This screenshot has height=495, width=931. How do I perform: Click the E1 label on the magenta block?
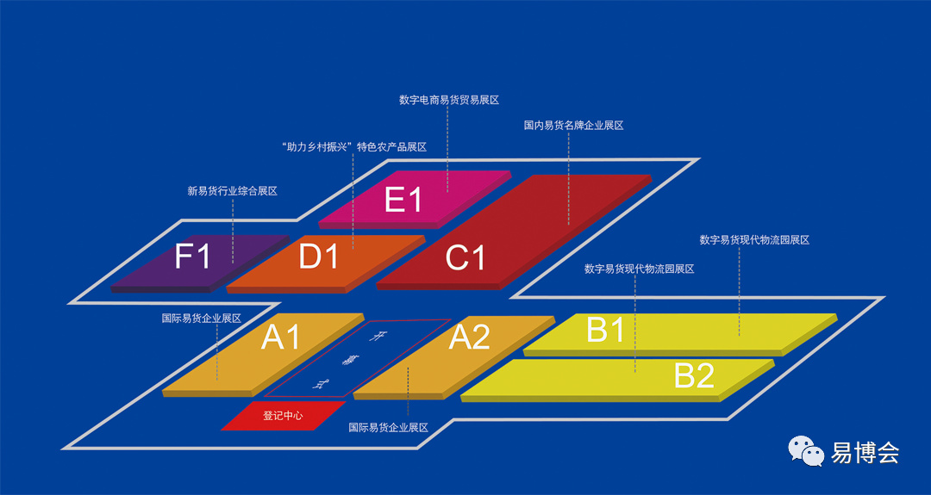tap(403, 201)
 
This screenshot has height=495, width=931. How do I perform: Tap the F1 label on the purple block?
tap(192, 256)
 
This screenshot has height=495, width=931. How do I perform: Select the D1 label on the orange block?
tap(318, 257)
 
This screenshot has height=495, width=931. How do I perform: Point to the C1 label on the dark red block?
tap(465, 257)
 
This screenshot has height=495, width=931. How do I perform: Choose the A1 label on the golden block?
tap(281, 337)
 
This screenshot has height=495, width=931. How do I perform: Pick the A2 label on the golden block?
tap(470, 337)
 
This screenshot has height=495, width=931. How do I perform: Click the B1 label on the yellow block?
tap(605, 330)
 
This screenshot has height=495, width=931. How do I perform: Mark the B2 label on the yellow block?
tap(694, 375)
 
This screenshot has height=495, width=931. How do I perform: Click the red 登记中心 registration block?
tap(284, 416)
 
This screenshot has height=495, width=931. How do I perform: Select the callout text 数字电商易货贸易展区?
tap(449, 100)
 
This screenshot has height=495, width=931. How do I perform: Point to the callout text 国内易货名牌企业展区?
tap(573, 126)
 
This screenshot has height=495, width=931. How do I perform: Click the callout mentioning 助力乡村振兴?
tap(354, 147)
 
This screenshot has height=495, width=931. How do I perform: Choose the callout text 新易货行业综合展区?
tap(233, 191)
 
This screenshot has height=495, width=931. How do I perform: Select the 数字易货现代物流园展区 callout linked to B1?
tap(754, 240)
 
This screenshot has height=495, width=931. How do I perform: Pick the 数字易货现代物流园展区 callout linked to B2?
tap(639, 269)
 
